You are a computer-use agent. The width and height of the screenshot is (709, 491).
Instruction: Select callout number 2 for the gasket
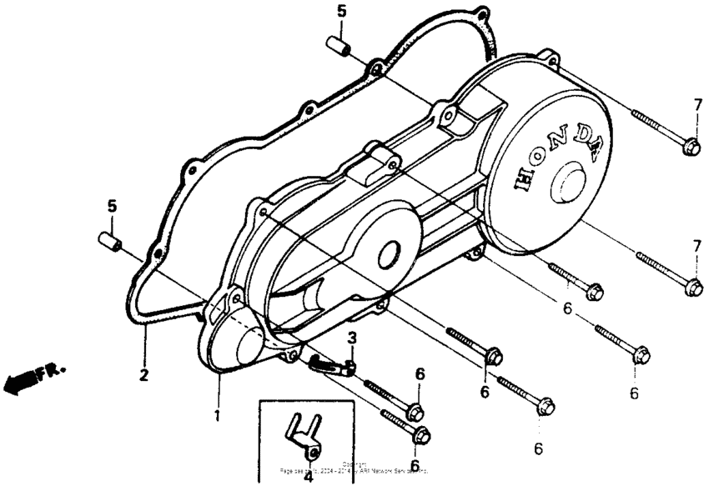click(143, 376)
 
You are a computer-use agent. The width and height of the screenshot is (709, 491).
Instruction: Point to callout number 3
click(352, 338)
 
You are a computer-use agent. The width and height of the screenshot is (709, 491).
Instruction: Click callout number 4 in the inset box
click(308, 477)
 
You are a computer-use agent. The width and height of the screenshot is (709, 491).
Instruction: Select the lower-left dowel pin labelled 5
click(109, 241)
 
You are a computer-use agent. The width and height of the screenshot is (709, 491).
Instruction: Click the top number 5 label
click(340, 11)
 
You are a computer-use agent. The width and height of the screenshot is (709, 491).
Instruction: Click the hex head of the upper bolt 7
click(690, 147)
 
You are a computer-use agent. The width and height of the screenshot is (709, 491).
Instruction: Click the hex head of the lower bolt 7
click(691, 288)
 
